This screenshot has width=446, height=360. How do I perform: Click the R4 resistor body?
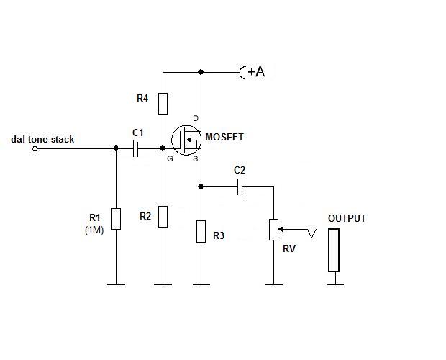pyautogui.click(x=163, y=104)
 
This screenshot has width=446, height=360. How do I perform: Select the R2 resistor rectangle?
pyautogui.click(x=163, y=215)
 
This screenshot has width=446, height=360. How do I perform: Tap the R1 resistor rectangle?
pyautogui.click(x=117, y=218)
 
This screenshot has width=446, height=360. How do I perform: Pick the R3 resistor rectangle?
pyautogui.click(x=201, y=232)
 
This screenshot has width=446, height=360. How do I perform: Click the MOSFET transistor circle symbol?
pyautogui.click(x=186, y=139)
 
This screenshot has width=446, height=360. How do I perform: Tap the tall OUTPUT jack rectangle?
pyautogui.click(x=333, y=250)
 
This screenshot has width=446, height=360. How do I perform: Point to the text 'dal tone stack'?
pyautogui.click(x=42, y=139)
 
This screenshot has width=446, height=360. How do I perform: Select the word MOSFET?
pyautogui.click(x=225, y=137)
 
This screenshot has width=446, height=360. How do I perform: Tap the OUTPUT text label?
pyautogui.click(x=347, y=218)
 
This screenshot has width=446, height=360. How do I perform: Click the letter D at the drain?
pyautogui.click(x=195, y=119)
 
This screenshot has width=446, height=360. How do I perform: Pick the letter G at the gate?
pyautogui.click(x=170, y=158)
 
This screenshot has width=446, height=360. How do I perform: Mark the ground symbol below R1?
pyautogui.click(x=117, y=284)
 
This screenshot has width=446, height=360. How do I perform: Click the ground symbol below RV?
pyautogui.click(x=273, y=284)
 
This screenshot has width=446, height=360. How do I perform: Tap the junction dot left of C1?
pyautogui.click(x=117, y=149)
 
